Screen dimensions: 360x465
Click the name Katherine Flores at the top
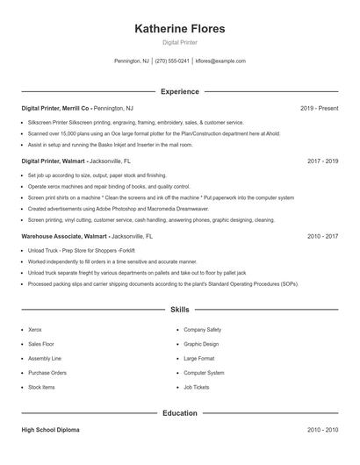point(179,29)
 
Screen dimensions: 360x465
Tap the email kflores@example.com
point(220,61)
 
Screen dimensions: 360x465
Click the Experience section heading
point(179,91)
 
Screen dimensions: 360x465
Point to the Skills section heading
point(179,310)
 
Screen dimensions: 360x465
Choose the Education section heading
point(179,412)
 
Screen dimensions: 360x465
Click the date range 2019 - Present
point(319,108)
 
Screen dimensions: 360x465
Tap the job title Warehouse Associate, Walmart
point(64,237)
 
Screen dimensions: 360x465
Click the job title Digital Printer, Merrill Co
point(55,108)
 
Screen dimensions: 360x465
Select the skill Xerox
point(35,329)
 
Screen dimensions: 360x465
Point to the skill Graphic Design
point(200,344)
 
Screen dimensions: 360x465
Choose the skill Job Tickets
point(196,387)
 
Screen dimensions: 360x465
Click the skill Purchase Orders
point(47,373)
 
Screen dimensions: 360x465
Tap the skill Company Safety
point(202,329)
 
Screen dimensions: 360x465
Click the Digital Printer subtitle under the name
point(179,43)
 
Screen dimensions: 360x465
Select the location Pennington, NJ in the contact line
point(132,61)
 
